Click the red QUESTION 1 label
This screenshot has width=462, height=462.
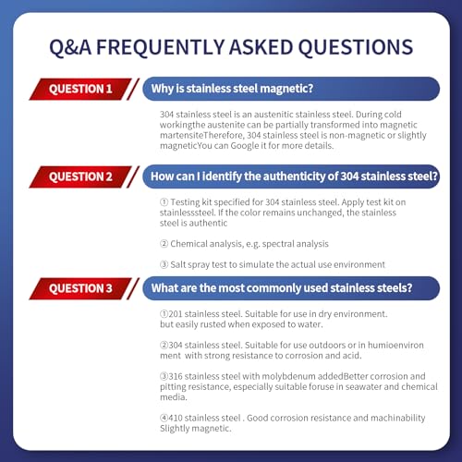[80, 89]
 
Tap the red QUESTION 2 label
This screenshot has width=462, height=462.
[80, 176]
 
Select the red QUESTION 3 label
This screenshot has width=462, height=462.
[80, 288]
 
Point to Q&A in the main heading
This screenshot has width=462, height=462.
[70, 48]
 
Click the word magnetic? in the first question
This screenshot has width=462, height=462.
[286, 89]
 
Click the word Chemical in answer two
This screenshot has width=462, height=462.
[188, 244]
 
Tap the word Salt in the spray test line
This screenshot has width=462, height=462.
[177, 264]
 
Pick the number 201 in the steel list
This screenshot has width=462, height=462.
[176, 314]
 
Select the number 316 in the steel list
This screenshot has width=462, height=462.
[176, 376]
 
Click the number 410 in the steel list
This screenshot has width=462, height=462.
[176, 418]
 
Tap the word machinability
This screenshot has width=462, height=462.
[397, 418]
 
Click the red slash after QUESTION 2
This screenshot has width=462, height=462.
[133, 176]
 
